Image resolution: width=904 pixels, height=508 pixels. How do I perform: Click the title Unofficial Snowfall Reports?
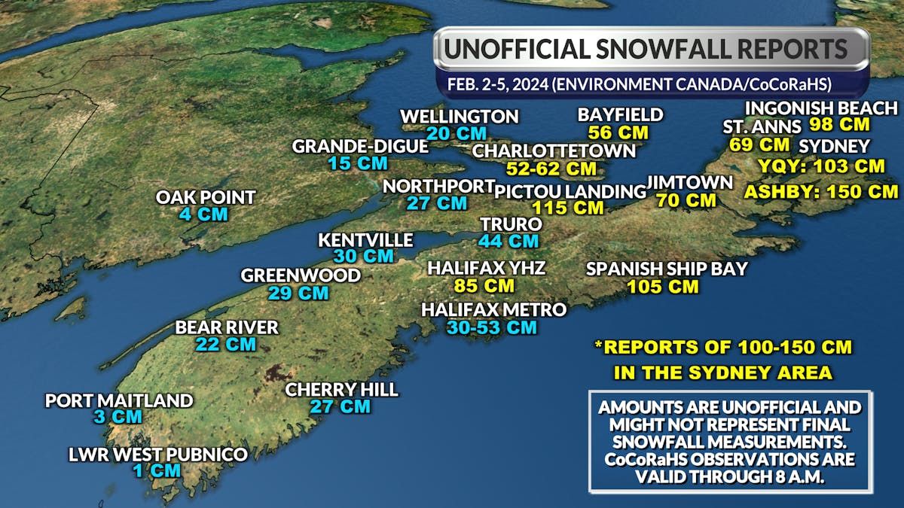[646, 49]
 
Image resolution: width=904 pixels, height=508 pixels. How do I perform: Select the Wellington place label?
[460, 117]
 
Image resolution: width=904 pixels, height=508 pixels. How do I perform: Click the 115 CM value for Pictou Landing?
[567, 207]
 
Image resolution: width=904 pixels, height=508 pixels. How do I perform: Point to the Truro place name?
[512, 224]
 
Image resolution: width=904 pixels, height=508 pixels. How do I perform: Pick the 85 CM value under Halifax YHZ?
[484, 286]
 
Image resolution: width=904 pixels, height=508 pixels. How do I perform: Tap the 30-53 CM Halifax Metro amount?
[491, 327]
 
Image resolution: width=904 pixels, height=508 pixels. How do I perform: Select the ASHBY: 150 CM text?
[821, 191]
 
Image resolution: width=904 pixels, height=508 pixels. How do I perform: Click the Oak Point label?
[206, 197]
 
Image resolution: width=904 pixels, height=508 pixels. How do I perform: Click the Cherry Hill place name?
[341, 389]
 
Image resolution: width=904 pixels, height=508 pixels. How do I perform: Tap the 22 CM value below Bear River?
[226, 345]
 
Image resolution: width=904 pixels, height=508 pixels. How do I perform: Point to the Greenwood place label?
[301, 275]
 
